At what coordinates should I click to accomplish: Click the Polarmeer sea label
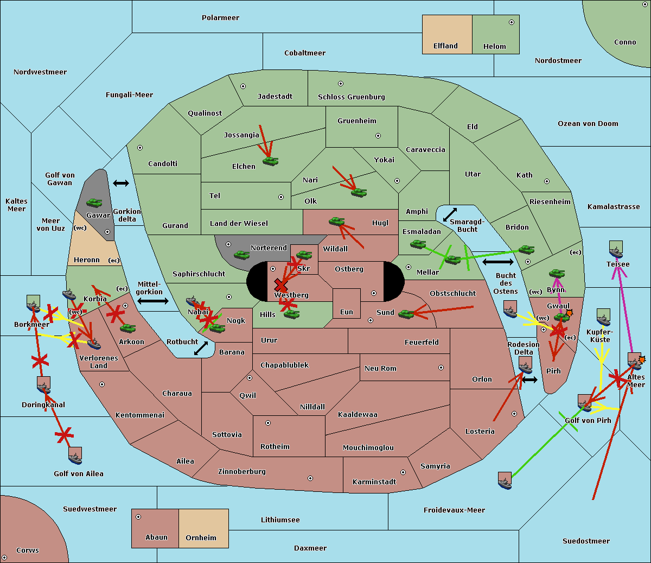click(220, 18)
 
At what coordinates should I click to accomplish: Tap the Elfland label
click(445, 46)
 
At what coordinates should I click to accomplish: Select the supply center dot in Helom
click(512, 22)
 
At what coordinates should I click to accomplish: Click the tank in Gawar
click(94, 203)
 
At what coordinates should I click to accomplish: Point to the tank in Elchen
click(271, 161)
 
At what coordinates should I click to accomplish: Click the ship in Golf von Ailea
click(75, 456)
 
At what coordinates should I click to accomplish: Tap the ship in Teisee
click(616, 249)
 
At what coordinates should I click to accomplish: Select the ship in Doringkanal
click(44, 385)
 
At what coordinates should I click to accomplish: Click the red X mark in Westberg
click(280, 286)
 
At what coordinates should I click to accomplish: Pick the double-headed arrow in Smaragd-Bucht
click(450, 214)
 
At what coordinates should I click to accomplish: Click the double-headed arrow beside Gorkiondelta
click(121, 183)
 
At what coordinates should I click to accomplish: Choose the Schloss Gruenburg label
click(351, 97)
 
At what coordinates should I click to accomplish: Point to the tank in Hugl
click(337, 222)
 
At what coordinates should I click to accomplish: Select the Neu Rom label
click(380, 369)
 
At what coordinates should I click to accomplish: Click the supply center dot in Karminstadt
click(403, 472)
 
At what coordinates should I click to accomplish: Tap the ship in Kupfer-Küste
click(603, 317)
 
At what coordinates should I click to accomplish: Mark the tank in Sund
click(406, 314)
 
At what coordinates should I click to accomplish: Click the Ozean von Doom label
click(588, 124)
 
